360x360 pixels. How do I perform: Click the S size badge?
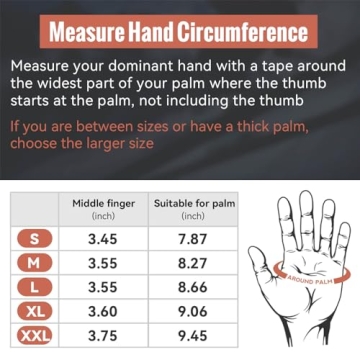[x=35, y=239]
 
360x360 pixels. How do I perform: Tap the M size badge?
[x=35, y=263]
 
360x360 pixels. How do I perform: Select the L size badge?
[x=35, y=287]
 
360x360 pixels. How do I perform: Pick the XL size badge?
[x=35, y=311]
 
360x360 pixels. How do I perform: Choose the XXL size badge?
[x=35, y=335]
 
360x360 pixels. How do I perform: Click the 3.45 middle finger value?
[x=103, y=239]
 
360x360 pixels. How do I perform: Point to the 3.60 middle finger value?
[x=103, y=311]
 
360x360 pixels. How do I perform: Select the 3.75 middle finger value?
[x=103, y=335]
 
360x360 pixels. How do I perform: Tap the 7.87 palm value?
[x=193, y=239]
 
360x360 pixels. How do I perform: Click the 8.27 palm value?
[x=193, y=263]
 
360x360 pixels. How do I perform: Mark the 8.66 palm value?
[x=193, y=287]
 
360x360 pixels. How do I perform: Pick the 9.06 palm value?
[x=193, y=311]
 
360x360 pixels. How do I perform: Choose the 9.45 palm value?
[x=193, y=335]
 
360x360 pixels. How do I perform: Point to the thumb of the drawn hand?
[x=262, y=263]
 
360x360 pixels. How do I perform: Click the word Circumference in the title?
[x=242, y=32]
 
